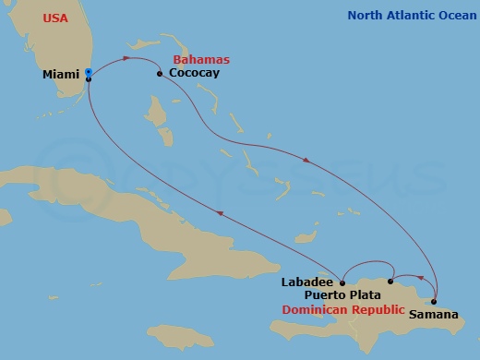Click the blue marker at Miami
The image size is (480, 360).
[88, 72]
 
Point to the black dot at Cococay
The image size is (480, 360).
[160, 73]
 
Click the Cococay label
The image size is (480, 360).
[194, 73]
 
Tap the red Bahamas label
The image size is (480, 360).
[201, 59]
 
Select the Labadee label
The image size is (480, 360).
[306, 282]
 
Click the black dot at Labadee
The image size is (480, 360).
[342, 283]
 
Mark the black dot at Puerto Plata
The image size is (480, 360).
[390, 281]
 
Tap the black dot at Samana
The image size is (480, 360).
[433, 301]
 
